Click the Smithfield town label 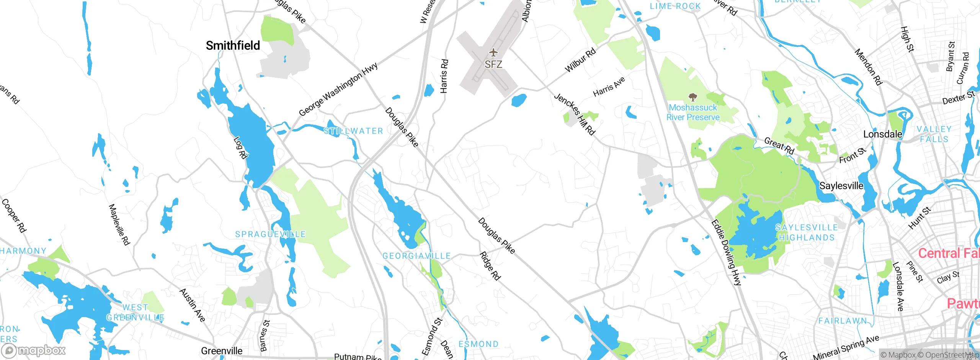[233, 46]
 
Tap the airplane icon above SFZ [493, 52]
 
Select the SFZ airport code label [493, 64]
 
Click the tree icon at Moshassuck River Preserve [693, 97]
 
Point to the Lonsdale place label [882, 134]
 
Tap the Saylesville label [841, 186]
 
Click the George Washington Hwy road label [338, 89]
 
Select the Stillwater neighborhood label [353, 131]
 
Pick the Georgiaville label [416, 256]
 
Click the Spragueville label [270, 234]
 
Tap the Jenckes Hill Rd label [575, 114]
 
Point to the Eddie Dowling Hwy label [726, 252]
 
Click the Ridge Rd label [490, 266]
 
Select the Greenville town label [222, 351]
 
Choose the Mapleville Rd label [119, 224]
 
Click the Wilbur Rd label [580, 60]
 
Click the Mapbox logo [34, 350]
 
